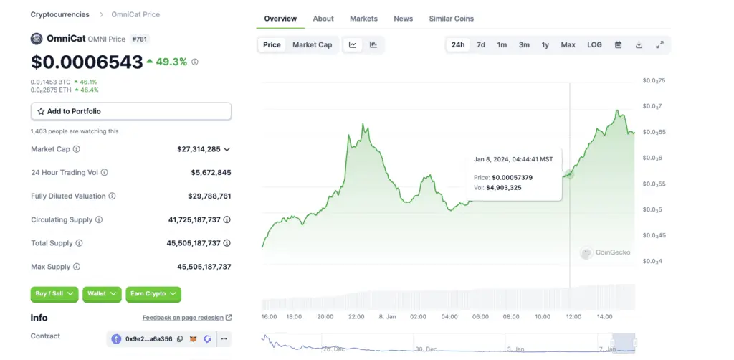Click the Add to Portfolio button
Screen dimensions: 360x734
(130, 111)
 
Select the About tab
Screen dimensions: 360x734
(323, 19)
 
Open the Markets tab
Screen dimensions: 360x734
(363, 19)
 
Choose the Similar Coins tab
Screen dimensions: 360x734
(451, 19)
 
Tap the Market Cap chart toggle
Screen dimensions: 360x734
(312, 44)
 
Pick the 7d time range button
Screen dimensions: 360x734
(481, 44)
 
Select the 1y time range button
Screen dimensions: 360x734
(545, 44)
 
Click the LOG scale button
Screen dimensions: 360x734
(594, 44)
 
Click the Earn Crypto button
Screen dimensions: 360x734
(153, 294)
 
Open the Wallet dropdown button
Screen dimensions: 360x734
(102, 294)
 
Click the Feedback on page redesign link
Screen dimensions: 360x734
(187, 317)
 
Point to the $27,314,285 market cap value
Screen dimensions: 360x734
(199, 149)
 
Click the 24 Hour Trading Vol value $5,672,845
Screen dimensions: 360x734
(211, 173)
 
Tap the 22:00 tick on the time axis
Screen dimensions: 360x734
(356, 316)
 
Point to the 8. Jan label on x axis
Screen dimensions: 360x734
(387, 316)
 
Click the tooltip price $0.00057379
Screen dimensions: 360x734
(512, 177)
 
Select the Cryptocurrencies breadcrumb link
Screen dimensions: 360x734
(60, 14)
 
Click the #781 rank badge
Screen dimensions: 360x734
(140, 39)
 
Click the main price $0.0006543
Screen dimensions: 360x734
(87, 62)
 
